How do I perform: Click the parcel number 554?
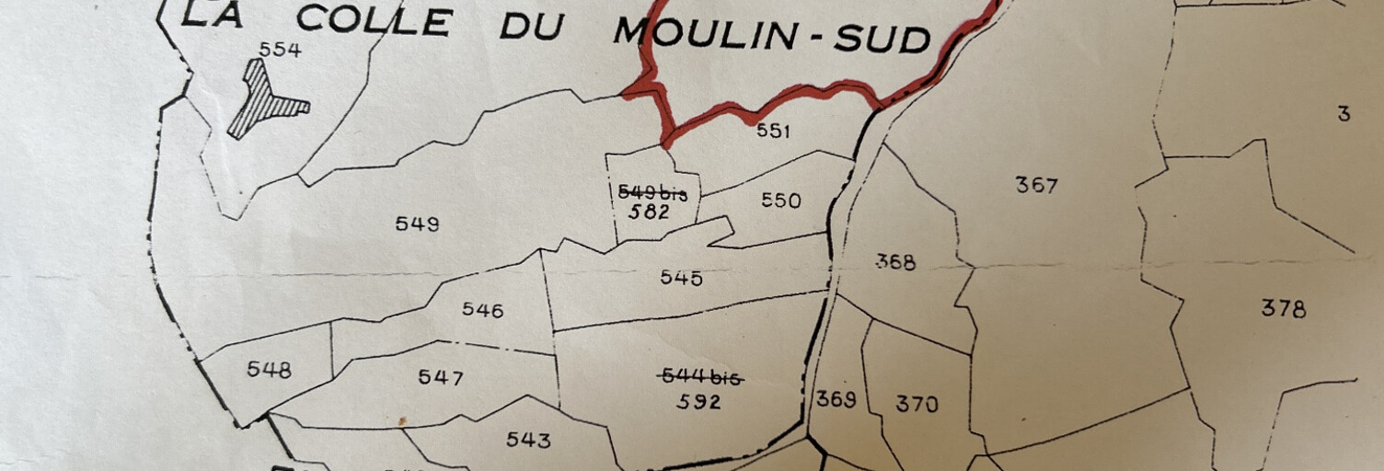[280, 51]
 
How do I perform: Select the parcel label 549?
[417, 224]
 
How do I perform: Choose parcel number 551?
[773, 132]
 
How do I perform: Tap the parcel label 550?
[780, 201]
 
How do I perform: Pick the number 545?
[681, 278]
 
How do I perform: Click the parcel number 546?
[482, 310]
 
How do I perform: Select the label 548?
[269, 370]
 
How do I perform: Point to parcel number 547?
[441, 377]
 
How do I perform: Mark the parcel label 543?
[528, 440]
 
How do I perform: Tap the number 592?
[698, 402]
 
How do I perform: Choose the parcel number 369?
[836, 399]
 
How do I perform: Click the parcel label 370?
[917, 403]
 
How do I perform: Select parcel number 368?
[895, 262]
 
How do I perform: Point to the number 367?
[1036, 185]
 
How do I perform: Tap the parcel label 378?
[1283, 308]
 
